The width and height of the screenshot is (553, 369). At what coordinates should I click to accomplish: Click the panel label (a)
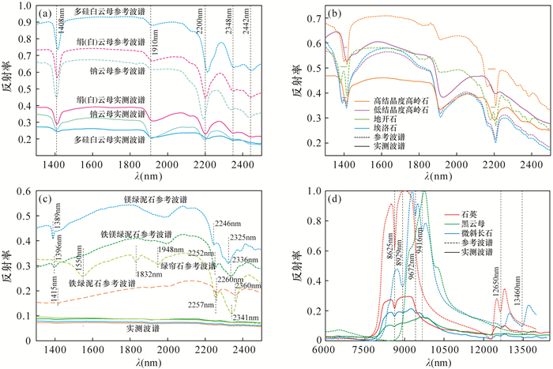[46, 13]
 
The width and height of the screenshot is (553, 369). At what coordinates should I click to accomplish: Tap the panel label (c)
[46, 198]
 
